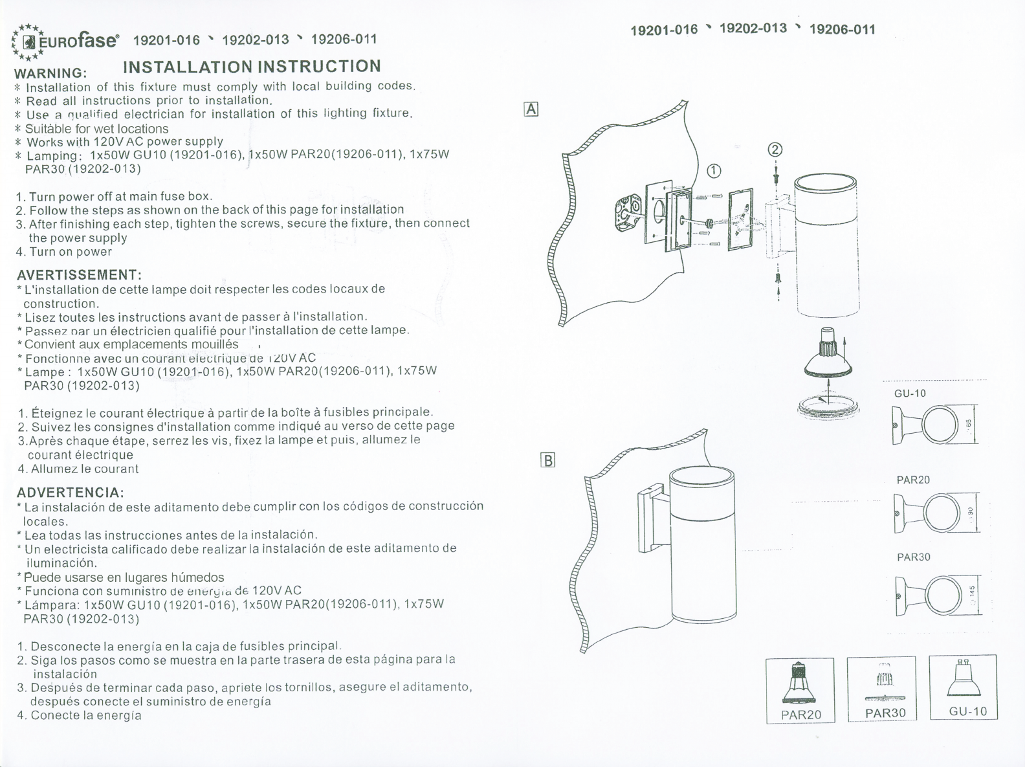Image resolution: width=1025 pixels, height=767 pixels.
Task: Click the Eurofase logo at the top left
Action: click(65, 41)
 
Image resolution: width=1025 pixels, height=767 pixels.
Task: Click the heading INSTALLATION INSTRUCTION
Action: click(252, 67)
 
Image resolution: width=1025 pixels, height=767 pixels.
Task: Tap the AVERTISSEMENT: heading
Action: click(79, 275)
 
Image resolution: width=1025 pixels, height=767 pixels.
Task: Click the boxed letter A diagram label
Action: click(531, 109)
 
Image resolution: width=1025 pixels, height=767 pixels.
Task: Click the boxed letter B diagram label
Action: click(547, 461)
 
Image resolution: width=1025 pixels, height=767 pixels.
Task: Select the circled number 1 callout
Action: click(713, 171)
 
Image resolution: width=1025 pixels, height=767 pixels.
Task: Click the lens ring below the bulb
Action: click(830, 406)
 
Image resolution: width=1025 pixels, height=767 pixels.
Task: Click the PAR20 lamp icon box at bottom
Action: click(800, 690)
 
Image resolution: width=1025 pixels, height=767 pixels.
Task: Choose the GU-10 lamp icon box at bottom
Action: click(963, 687)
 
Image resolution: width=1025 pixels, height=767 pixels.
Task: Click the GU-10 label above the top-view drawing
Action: click(910, 394)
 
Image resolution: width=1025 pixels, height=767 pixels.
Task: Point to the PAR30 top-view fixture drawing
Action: click(938, 594)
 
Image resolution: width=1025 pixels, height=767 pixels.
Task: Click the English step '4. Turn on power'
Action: click(64, 252)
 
